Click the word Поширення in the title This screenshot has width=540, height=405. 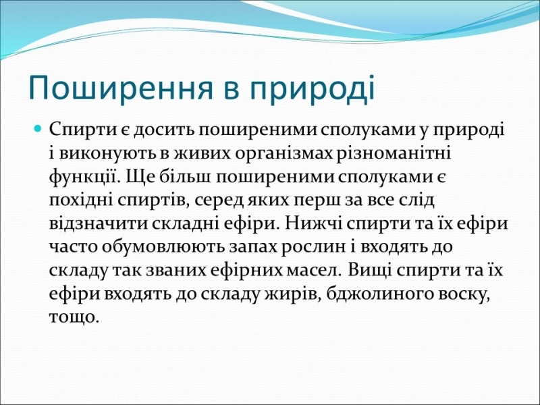121,88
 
